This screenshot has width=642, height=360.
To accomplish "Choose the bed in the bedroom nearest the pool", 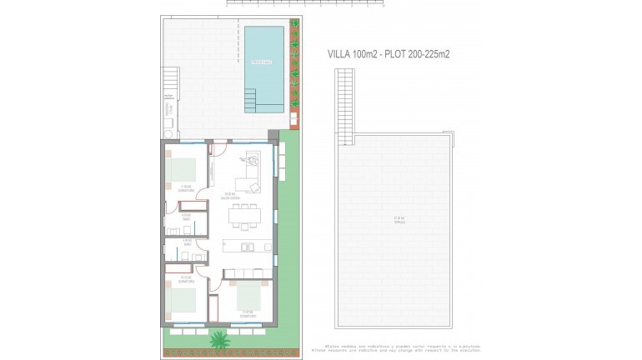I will coord(183,170).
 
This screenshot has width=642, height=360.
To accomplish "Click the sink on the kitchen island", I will coord(246,246).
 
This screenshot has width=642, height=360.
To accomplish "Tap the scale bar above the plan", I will coord(305,4).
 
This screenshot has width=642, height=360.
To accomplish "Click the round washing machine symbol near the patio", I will coord(168,132).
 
